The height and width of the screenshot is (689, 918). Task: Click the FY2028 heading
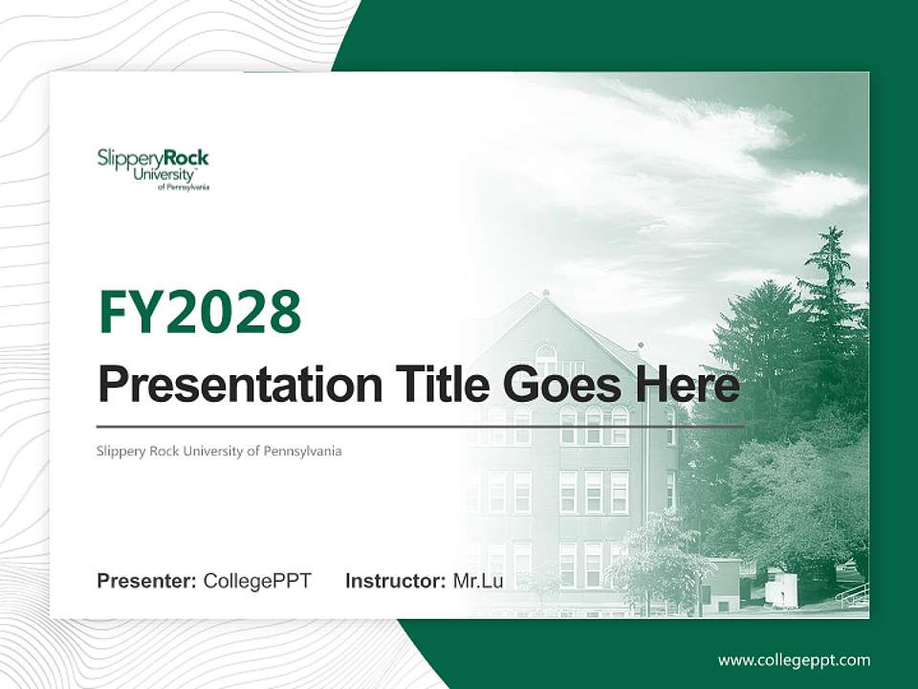click(x=199, y=312)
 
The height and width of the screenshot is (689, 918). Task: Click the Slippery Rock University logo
click(x=153, y=168)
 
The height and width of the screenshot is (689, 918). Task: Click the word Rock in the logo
click(x=186, y=158)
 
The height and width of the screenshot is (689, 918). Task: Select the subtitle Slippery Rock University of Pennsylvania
click(x=219, y=451)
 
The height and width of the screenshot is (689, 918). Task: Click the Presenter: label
click(x=146, y=580)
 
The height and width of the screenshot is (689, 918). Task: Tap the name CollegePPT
click(x=257, y=580)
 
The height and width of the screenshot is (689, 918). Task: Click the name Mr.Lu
click(x=478, y=580)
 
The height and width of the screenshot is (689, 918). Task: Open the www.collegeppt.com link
click(x=794, y=659)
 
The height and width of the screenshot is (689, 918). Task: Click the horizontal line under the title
click(x=421, y=426)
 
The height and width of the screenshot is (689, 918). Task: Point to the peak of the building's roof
click(x=545, y=292)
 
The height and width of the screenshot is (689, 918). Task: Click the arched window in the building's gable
click(x=545, y=358)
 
